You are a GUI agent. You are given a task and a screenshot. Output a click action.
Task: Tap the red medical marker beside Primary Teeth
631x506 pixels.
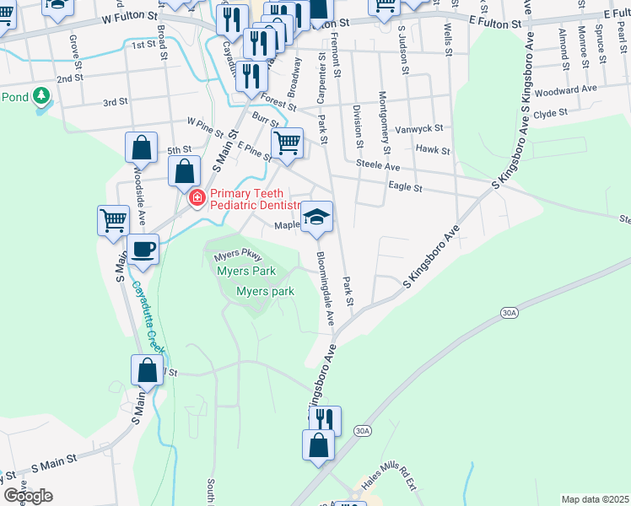tap(197, 198)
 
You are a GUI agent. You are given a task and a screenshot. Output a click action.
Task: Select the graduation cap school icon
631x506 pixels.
tap(317, 218)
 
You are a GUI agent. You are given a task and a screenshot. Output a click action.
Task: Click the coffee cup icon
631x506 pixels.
tap(143, 250)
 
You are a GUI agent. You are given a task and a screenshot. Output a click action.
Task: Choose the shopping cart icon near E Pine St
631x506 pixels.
tap(287, 143)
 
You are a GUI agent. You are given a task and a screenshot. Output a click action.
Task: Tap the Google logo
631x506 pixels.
tap(27, 496)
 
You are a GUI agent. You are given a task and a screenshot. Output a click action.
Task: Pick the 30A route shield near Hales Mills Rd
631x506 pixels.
tap(363, 431)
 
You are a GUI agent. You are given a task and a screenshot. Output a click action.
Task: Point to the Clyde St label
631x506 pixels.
tap(551, 112)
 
